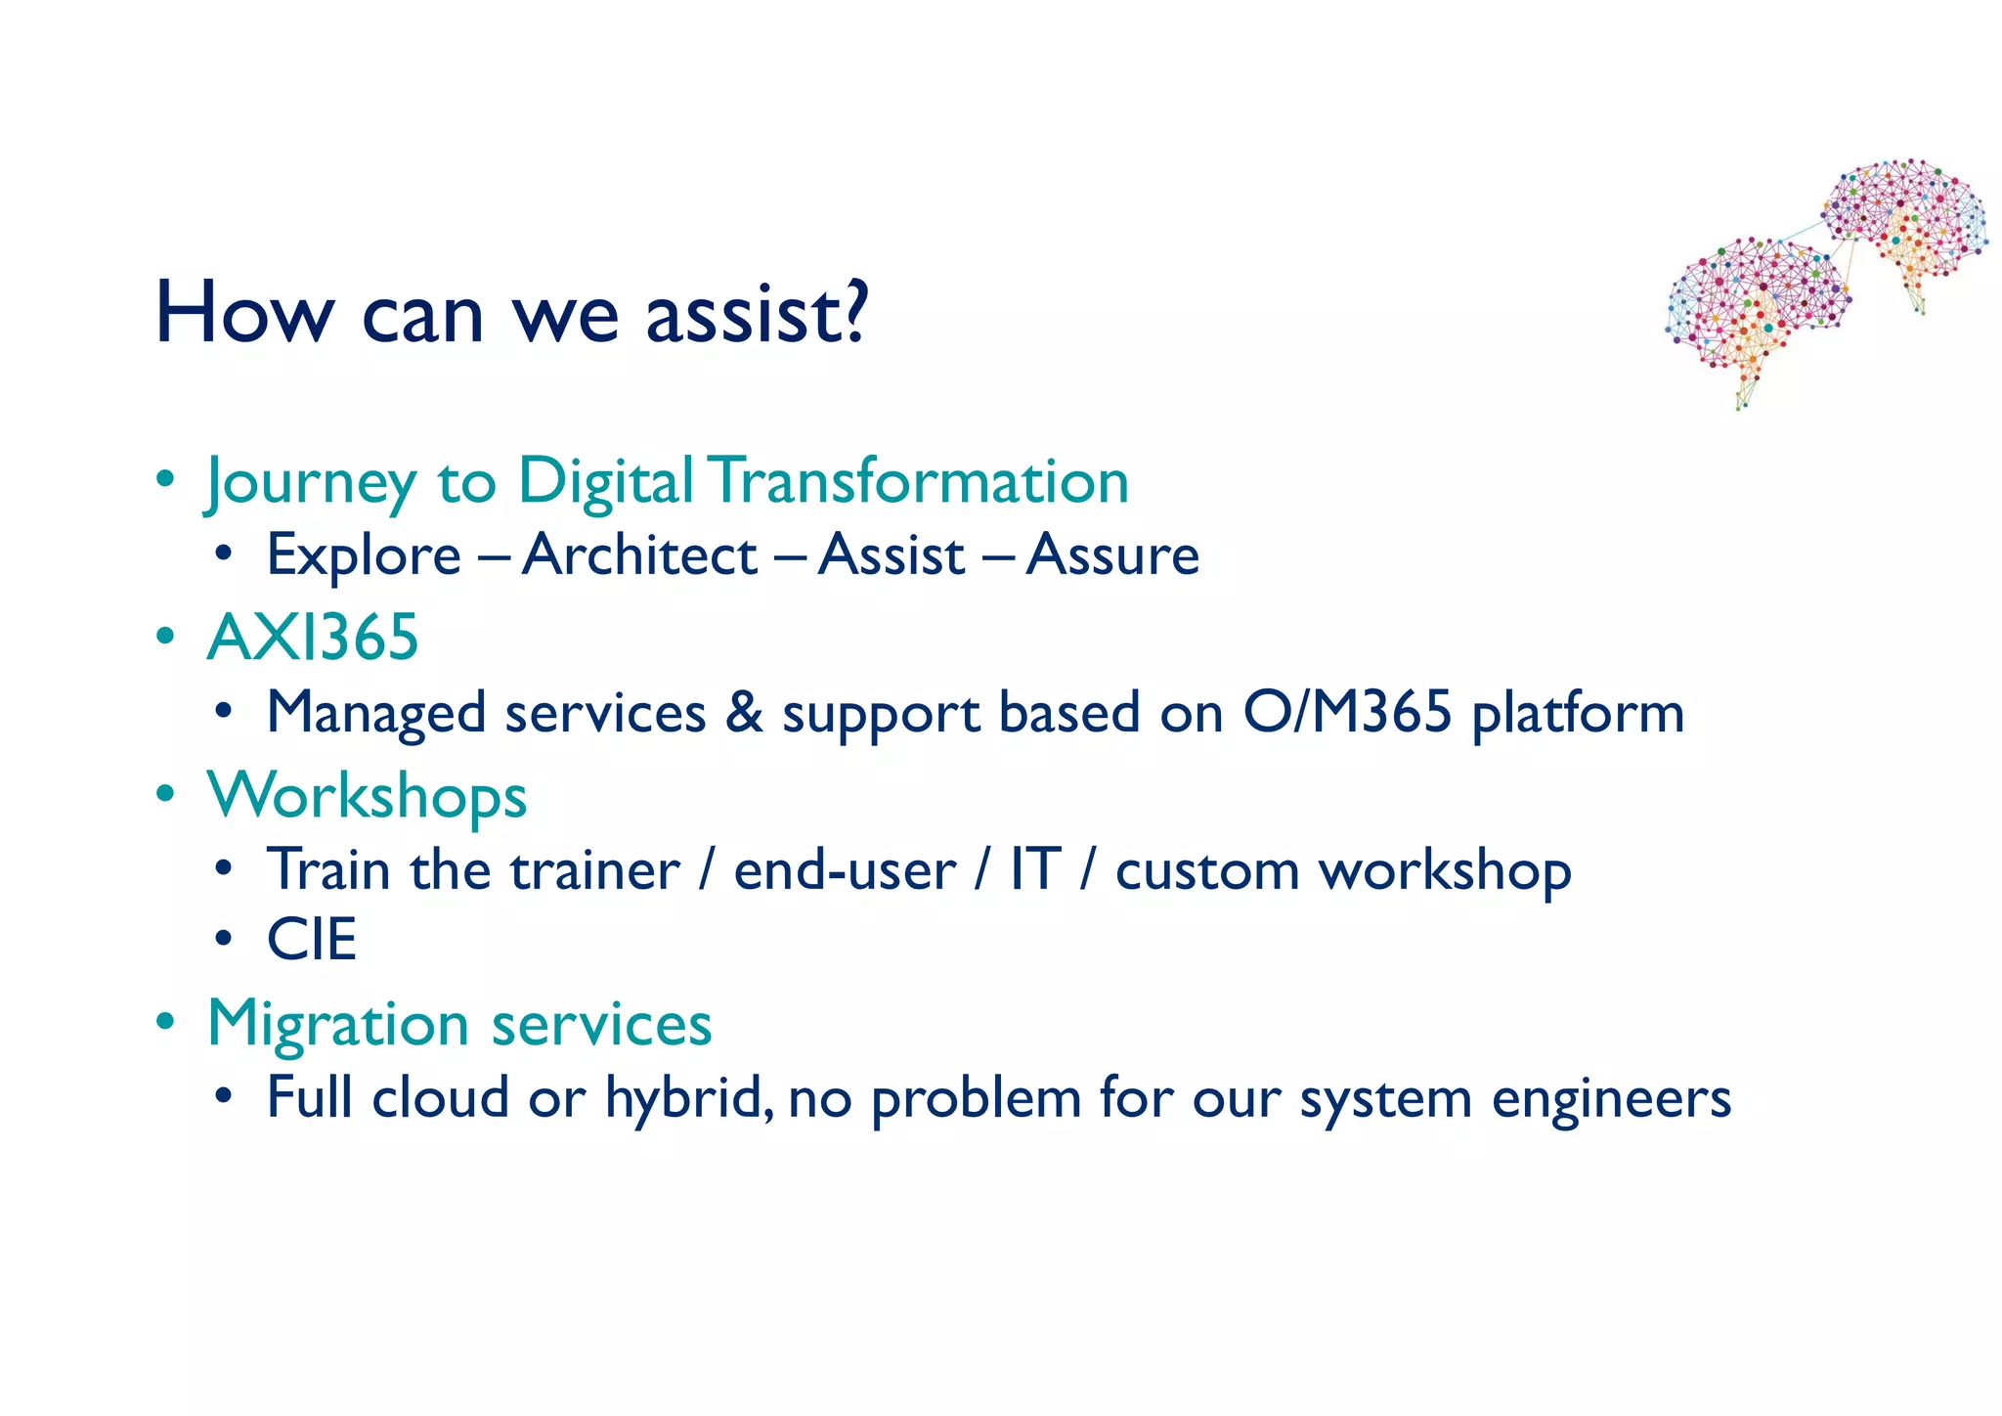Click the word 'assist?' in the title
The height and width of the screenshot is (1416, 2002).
[756, 315]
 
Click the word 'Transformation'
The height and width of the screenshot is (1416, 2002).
[918, 481]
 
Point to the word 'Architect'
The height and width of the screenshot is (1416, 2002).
[639, 555]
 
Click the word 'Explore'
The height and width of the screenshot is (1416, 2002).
[364, 555]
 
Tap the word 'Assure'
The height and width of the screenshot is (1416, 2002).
[1112, 555]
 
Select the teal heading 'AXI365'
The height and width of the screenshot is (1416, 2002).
[313, 638]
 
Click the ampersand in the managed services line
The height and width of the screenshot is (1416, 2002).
[744, 712]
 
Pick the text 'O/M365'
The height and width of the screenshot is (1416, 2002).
[1347, 712]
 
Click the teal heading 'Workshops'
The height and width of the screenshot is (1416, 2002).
[367, 795]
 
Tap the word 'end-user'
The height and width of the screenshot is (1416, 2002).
[845, 869]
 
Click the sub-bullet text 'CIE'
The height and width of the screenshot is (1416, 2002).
[312, 940]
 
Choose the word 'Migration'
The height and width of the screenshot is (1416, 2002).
[338, 1024]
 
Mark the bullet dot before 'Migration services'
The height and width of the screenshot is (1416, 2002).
[166, 1022]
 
